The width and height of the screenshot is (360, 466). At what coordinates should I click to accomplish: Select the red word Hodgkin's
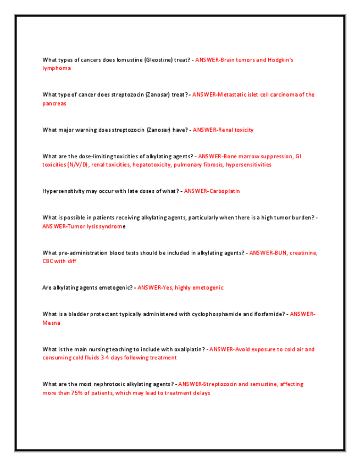coord(280,59)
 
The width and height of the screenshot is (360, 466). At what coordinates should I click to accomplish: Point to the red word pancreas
coord(54,103)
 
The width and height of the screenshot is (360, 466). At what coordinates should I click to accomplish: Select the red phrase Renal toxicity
coord(236,130)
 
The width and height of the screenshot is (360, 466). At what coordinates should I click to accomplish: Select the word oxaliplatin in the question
coord(185,349)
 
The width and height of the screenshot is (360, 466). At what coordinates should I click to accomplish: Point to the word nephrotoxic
coord(114,385)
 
